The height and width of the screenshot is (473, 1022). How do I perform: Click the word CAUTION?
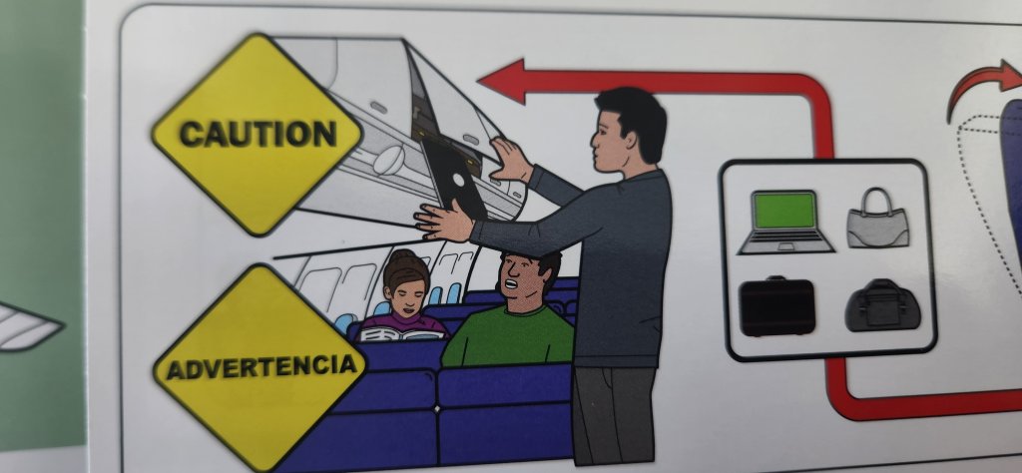click(x=258, y=134)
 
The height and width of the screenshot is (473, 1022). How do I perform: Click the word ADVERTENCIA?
click(x=261, y=367)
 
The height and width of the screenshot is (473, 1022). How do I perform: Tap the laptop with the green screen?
click(x=785, y=222)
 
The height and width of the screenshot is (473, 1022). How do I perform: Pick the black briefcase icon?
click(x=776, y=307)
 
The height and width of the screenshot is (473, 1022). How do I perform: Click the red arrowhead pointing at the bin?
click(x=501, y=81)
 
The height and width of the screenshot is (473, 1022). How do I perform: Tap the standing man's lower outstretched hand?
click(x=444, y=221)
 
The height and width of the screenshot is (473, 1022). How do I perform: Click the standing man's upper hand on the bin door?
click(x=511, y=160)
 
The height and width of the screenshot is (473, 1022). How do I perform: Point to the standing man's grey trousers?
click(x=614, y=415)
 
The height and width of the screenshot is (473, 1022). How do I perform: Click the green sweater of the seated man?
click(x=507, y=337)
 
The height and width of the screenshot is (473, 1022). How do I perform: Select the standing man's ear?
click(x=631, y=142)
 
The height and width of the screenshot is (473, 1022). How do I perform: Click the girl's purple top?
click(x=404, y=323)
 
